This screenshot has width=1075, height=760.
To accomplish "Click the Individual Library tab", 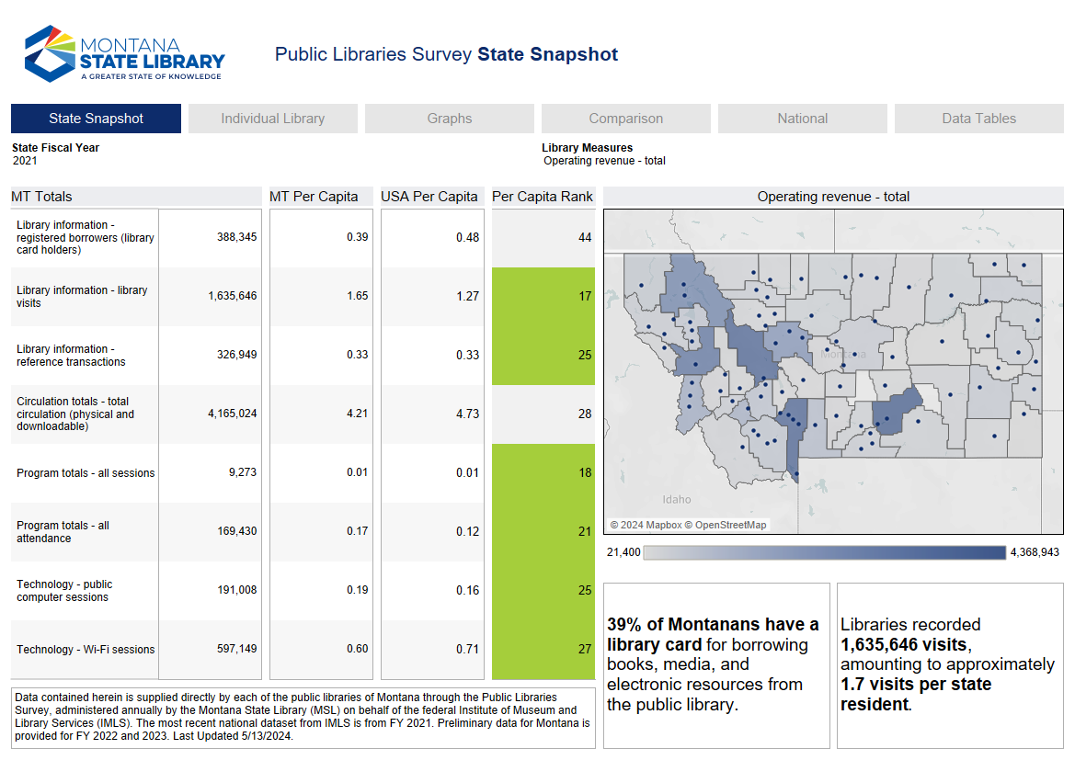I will pyautogui.click(x=272, y=119).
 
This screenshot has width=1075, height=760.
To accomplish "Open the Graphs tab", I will pyautogui.click(x=449, y=119).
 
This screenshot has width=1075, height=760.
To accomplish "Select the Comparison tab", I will pyautogui.click(x=625, y=119).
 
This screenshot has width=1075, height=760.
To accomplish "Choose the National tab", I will pyautogui.click(x=802, y=119).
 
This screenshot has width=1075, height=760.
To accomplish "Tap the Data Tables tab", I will pyautogui.click(x=978, y=119).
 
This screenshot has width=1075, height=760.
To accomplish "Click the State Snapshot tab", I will pyautogui.click(x=96, y=119).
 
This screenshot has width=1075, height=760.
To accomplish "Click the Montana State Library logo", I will pyautogui.click(x=125, y=53).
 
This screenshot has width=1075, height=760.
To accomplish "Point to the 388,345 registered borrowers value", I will pyautogui.click(x=236, y=237).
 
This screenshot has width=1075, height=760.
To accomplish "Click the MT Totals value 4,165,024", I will pyautogui.click(x=232, y=414).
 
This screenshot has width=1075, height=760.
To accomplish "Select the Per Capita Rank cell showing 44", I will pyautogui.click(x=585, y=237).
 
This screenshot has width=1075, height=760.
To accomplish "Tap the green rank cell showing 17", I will pyautogui.click(x=585, y=296).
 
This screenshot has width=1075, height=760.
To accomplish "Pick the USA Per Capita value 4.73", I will pyautogui.click(x=467, y=414).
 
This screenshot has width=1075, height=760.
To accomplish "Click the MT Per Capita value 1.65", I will pyautogui.click(x=357, y=296).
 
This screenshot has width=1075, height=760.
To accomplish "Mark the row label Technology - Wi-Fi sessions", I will pyautogui.click(x=86, y=649).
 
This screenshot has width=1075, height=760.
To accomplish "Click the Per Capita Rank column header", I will pyautogui.click(x=543, y=197).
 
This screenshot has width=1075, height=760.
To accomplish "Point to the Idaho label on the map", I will pyautogui.click(x=677, y=500).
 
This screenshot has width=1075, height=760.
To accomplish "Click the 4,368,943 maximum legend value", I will pyautogui.click(x=1035, y=552).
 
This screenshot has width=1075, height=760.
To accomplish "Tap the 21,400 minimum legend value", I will pyautogui.click(x=623, y=552).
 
